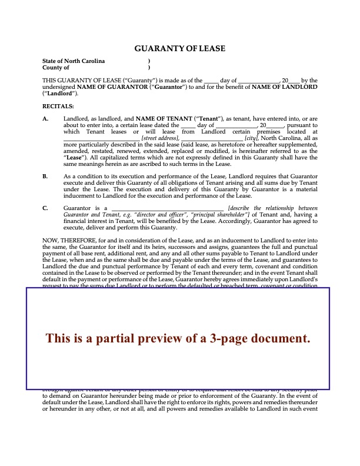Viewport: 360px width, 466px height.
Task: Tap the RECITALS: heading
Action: click(58, 106)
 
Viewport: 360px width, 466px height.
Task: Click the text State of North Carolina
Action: click(74, 61)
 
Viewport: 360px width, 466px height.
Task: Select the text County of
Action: click(56, 68)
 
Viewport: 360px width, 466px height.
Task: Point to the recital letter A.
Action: click(45, 119)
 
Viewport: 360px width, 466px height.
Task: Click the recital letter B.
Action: click(45, 176)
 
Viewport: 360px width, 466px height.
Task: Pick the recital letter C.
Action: click(45, 208)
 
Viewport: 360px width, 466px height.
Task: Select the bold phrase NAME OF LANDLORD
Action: click(284, 86)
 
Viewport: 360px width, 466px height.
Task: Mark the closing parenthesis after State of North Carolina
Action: click(149, 61)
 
